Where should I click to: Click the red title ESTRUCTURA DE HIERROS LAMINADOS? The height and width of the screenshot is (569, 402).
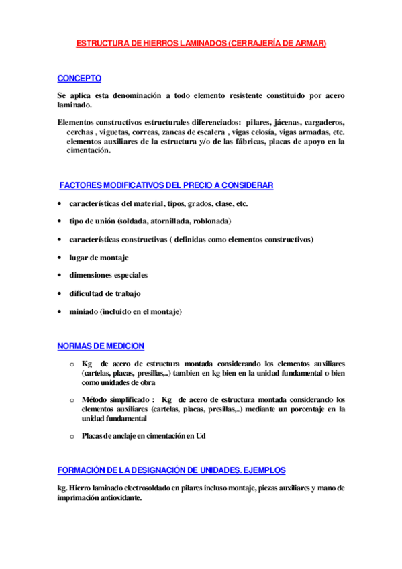[201, 43]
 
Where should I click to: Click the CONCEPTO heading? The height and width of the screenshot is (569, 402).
[79, 79]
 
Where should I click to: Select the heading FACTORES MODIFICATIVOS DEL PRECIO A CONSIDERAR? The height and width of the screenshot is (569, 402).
[166, 185]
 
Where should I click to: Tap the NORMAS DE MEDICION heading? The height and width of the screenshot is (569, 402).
[101, 346]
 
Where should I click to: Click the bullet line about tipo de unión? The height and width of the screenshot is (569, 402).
[150, 221]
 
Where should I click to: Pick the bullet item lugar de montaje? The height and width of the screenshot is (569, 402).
[99, 258]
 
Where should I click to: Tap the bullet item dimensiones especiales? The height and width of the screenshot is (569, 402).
[108, 276]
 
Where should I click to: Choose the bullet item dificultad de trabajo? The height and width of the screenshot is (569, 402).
[105, 294]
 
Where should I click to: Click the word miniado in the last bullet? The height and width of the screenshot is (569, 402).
[83, 312]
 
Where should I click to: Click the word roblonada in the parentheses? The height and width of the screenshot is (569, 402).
[213, 221]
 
